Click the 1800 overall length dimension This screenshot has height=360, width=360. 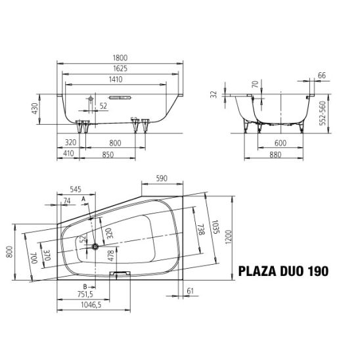click(120, 58)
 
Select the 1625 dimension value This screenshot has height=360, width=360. click(120, 68)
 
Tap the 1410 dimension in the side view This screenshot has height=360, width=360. click(116, 79)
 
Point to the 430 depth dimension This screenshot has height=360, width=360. click(35, 108)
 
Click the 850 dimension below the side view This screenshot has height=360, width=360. click(108, 154)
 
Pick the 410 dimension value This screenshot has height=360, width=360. click(68, 153)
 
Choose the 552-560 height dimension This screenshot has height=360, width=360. click(323, 113)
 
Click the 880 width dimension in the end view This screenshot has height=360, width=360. click(275, 154)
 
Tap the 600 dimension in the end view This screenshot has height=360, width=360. click(281, 143)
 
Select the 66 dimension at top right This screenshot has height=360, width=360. click(322, 76)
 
